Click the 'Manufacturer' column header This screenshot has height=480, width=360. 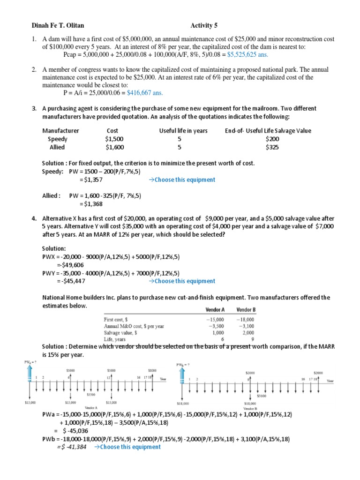coord(60,131)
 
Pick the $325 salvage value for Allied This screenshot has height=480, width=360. coord(271,147)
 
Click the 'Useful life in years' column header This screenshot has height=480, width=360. coord(183,131)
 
